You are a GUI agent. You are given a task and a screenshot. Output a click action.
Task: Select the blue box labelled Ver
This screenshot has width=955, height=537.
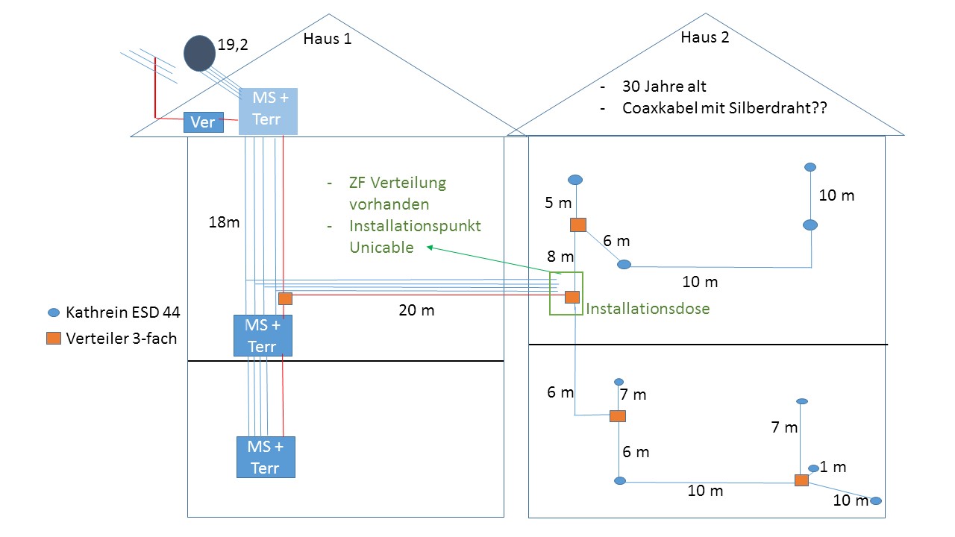(x=204, y=122)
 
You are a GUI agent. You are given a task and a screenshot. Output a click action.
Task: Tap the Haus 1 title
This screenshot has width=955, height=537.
(x=327, y=39)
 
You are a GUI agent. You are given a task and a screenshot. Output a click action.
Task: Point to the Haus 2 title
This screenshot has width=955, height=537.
(x=704, y=37)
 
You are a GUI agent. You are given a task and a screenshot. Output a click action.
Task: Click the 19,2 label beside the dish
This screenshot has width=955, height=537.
(x=232, y=45)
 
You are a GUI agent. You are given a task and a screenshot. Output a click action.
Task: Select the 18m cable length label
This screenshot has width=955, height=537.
(x=224, y=222)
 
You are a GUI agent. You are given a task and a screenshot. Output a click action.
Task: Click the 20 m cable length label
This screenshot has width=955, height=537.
(x=416, y=310)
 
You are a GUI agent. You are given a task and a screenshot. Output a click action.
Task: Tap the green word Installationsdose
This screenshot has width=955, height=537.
(x=648, y=307)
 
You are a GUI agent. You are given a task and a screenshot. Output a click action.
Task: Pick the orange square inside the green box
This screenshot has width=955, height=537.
(x=572, y=297)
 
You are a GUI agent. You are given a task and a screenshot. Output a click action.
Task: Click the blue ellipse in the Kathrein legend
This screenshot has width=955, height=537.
(x=54, y=313)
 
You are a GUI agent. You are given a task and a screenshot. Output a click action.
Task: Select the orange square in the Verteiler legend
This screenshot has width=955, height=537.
(x=54, y=338)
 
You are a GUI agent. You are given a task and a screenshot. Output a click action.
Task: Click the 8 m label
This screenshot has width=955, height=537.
(x=560, y=257)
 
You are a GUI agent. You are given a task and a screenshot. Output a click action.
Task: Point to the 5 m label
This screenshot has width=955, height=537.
(x=557, y=204)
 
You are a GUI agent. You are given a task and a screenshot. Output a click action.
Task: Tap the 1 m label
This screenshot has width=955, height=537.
(x=833, y=468)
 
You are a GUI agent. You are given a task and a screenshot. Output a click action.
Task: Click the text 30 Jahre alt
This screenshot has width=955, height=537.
(x=664, y=87)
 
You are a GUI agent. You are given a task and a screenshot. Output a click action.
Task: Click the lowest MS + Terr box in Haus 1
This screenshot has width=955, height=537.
(x=266, y=457)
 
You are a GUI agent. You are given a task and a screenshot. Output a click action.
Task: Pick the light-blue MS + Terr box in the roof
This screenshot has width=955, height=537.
(x=268, y=110)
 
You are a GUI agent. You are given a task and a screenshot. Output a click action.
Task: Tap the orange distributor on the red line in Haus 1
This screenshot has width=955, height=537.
(x=284, y=298)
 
